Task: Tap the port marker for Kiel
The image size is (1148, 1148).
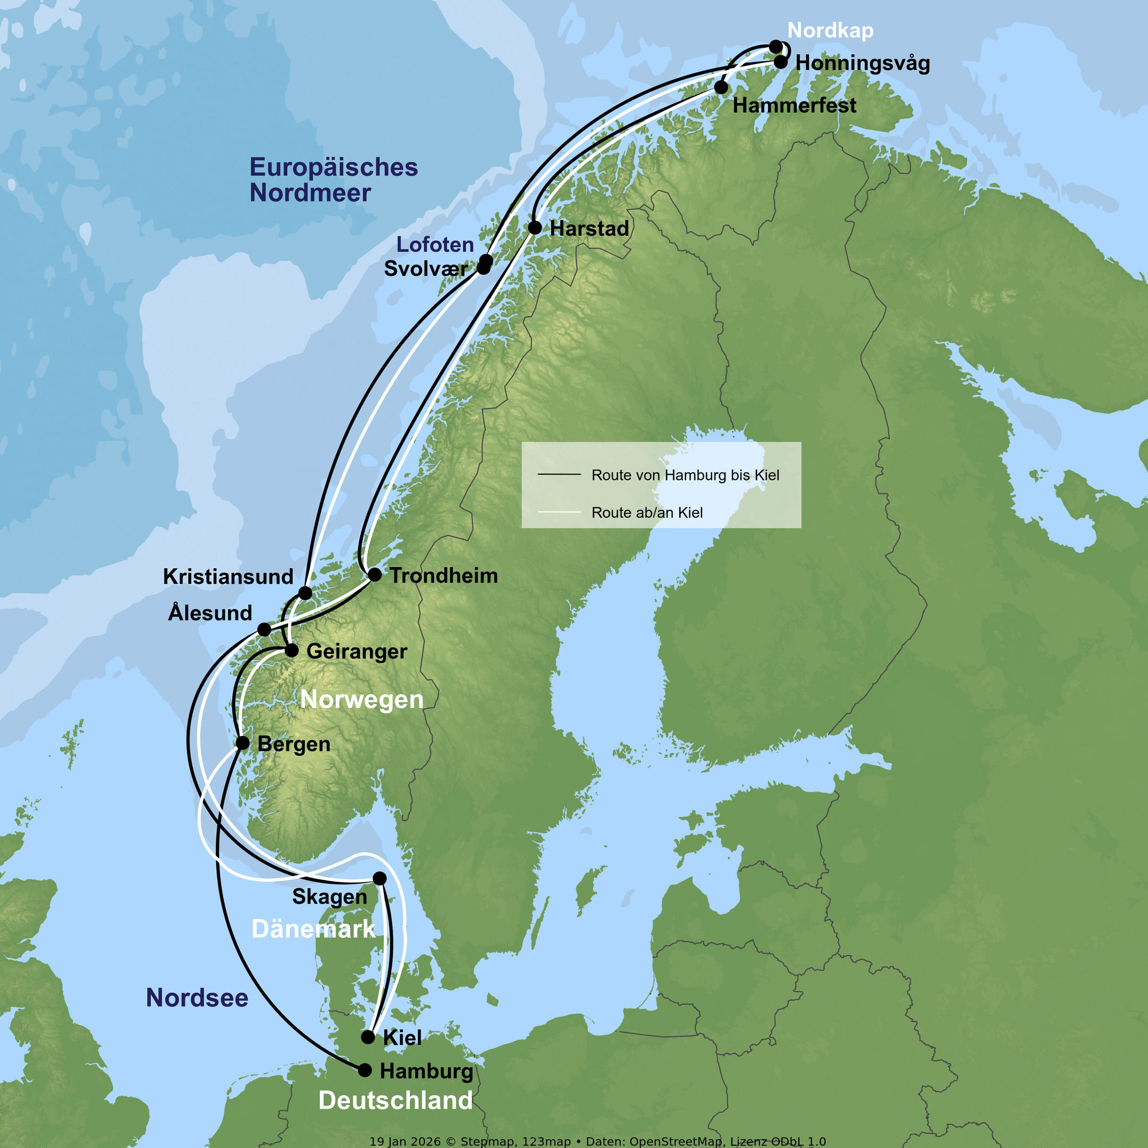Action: [x=368, y=1037]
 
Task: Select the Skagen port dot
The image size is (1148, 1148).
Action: [x=379, y=878]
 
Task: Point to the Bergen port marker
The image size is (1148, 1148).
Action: [x=242, y=743]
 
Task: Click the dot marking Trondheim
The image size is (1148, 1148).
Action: [x=375, y=575]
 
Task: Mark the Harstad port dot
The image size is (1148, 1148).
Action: [x=535, y=227]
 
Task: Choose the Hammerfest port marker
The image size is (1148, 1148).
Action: [x=721, y=87]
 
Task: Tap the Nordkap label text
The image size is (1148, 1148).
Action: [x=830, y=30]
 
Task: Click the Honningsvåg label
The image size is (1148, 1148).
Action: [x=862, y=63]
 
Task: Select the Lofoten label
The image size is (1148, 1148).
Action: [x=435, y=244]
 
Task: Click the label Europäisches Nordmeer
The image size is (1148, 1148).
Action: [x=333, y=180]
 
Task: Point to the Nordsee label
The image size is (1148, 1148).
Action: [x=197, y=998]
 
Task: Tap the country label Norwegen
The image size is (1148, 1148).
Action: [x=362, y=699]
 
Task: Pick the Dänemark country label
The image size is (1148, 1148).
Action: [x=313, y=928]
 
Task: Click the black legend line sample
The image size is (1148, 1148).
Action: [x=559, y=475]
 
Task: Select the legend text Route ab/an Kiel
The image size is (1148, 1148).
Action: [x=647, y=512]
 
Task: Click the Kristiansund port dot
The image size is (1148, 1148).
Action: [x=305, y=593]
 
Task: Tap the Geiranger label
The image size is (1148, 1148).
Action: [x=357, y=651]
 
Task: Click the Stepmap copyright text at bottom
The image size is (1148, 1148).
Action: [x=597, y=1142]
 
